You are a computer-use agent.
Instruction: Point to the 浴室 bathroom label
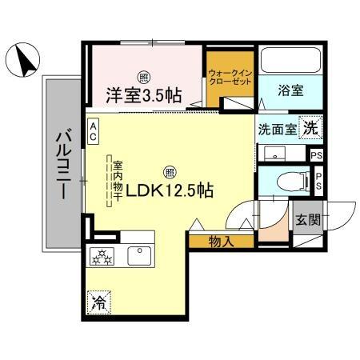(290, 90)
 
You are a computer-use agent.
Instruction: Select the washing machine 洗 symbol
(312, 126)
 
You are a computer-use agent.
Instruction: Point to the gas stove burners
(103, 256)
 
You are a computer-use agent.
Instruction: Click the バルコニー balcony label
(61, 164)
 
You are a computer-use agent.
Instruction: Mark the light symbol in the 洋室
(143, 77)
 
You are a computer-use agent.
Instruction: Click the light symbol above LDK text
(170, 170)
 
